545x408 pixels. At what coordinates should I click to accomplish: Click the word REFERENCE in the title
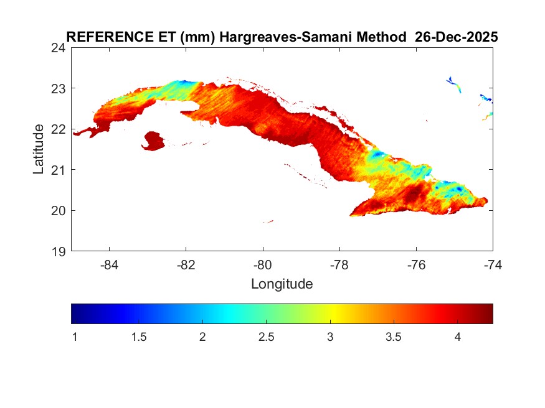(x=101, y=37)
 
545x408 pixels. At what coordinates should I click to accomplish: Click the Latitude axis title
(x=39, y=149)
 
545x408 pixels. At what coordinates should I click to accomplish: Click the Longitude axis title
(x=282, y=285)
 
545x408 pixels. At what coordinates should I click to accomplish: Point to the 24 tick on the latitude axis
(x=60, y=48)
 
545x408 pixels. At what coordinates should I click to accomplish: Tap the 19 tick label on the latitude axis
(x=60, y=251)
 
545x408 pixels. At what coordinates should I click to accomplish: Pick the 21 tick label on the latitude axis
(x=60, y=170)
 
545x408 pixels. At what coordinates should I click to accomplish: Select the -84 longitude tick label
(x=110, y=264)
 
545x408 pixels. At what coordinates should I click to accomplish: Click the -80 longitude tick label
(x=263, y=264)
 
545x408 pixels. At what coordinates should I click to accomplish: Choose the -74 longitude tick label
(x=492, y=264)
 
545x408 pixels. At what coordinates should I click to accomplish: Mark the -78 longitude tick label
(x=339, y=264)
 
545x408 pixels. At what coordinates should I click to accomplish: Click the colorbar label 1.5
(x=138, y=336)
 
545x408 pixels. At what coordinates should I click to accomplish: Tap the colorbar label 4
(x=457, y=336)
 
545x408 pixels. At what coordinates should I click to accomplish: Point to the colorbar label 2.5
(x=266, y=336)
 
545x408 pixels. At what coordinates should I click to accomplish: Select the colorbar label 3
(x=330, y=336)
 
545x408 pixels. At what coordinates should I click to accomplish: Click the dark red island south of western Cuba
(x=153, y=141)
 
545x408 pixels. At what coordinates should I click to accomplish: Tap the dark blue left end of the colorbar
(x=76, y=313)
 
